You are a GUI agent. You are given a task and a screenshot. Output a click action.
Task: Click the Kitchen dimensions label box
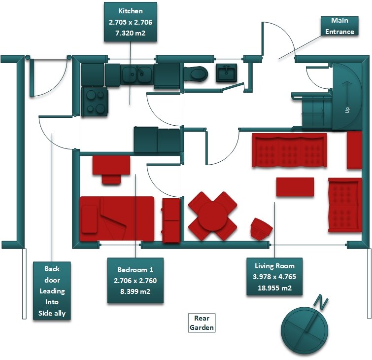(x=131, y=22)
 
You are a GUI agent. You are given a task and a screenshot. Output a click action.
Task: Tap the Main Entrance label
(x=339, y=26)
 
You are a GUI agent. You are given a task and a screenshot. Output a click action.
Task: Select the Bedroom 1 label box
(x=135, y=281)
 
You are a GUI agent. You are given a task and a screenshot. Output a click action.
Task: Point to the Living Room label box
(x=274, y=277)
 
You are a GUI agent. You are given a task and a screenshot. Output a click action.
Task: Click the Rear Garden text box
(x=202, y=323)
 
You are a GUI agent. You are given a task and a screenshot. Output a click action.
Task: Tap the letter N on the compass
(x=321, y=302)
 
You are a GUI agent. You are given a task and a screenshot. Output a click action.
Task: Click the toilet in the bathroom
(x=196, y=73)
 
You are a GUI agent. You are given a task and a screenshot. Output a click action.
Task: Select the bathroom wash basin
(x=226, y=72)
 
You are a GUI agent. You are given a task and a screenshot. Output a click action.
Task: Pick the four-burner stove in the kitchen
(x=95, y=102)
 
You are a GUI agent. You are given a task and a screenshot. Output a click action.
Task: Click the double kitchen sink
(x=137, y=74)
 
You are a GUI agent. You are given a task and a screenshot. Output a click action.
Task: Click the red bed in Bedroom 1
(x=117, y=218)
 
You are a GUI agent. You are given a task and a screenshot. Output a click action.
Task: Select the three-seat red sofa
(x=289, y=150)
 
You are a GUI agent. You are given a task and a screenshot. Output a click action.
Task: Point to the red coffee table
(x=295, y=186)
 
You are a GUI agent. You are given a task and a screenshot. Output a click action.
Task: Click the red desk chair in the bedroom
(x=111, y=179)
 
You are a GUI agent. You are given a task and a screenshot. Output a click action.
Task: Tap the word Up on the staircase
(x=347, y=110)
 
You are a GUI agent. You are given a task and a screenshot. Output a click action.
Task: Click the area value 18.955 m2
(x=274, y=288)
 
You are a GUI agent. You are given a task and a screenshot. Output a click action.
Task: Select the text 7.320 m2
(x=130, y=33)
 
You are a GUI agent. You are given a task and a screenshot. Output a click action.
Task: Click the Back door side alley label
(x=52, y=291)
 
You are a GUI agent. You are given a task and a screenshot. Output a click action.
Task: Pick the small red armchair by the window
(x=262, y=228)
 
